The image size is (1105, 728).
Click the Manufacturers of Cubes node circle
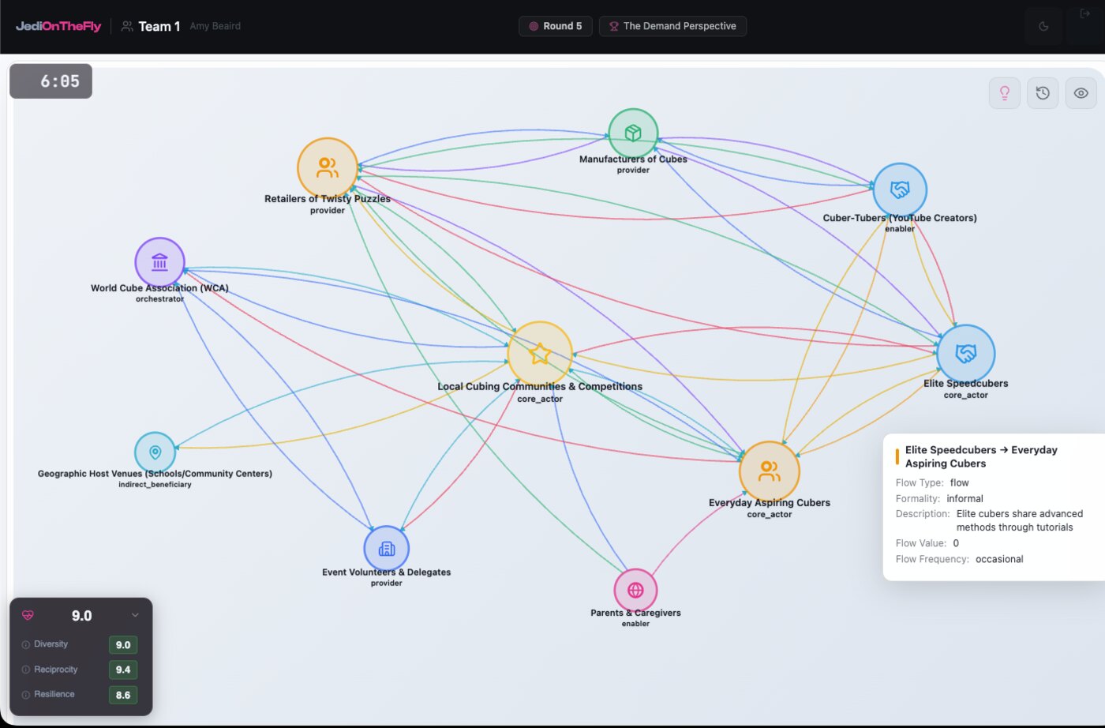[x=633, y=133]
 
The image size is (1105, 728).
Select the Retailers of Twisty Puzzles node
[x=327, y=168]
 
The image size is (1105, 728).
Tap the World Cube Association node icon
[x=159, y=262]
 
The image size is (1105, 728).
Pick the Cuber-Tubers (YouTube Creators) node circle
[x=900, y=190]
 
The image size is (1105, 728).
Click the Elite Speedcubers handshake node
[x=965, y=354]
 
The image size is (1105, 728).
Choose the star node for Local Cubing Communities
[x=540, y=354]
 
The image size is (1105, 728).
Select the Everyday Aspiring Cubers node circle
[x=769, y=471]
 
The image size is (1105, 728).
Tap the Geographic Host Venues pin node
[x=155, y=452]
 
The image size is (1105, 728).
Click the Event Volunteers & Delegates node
[x=386, y=548]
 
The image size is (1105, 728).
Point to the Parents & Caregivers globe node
[x=635, y=590]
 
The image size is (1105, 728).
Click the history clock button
[x=1043, y=93]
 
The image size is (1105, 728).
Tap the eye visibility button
[x=1081, y=93]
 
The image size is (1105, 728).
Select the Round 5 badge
[x=555, y=26]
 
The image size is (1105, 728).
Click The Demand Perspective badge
[x=672, y=26]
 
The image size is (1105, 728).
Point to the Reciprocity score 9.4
[x=123, y=670]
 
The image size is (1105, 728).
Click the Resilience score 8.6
[x=123, y=695]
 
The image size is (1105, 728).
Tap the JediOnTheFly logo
[x=58, y=26]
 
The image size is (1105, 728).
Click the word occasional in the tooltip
[x=999, y=559]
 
